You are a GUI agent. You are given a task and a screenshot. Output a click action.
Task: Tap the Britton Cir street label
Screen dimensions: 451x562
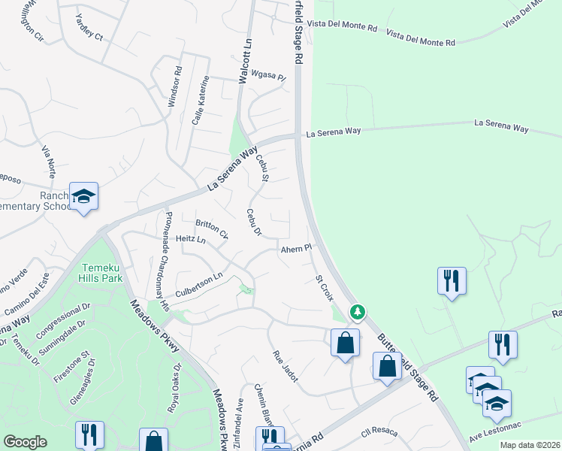click(211, 228)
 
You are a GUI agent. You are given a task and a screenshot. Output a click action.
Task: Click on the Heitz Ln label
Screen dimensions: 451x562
click(190, 239)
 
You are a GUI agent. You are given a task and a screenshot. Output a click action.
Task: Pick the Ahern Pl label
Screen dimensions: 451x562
click(296, 249)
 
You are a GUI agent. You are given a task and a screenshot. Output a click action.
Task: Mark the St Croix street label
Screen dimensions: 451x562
click(324, 288)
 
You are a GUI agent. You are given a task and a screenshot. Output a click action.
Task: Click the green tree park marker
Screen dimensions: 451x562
click(358, 311)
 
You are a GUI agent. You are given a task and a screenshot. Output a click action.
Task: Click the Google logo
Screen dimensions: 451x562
click(25, 442)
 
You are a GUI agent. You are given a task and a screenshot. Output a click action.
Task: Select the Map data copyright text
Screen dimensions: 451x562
click(530, 445)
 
